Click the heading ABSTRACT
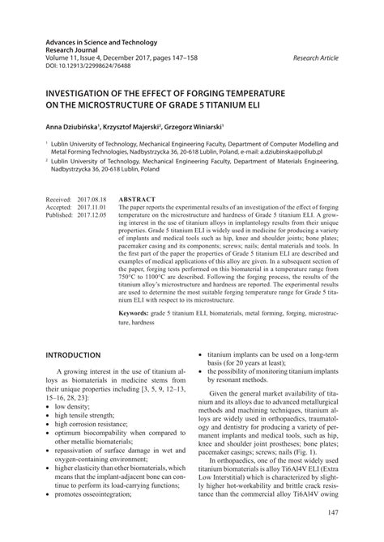(138, 197)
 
